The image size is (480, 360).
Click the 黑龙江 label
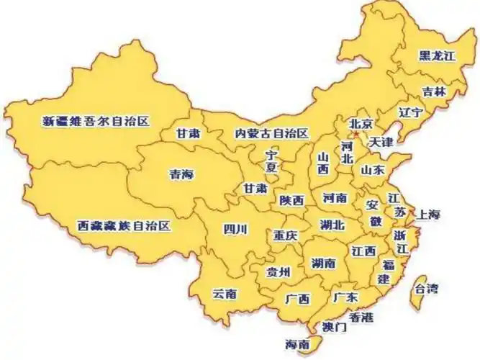click(438, 55)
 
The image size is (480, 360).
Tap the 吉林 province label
click(434, 91)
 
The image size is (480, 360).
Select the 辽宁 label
click(410, 113)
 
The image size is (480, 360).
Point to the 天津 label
click(381, 142)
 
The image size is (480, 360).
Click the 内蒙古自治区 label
click(271, 134)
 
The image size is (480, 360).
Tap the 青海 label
click(181, 174)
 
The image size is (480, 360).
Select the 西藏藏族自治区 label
click(124, 226)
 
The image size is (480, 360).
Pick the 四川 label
click(235, 230)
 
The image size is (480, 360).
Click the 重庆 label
click(286, 235)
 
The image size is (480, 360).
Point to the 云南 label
click(224, 294)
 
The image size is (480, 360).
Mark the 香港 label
click(361, 317)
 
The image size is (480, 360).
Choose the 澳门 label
click(335, 327)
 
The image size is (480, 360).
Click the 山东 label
click(373, 171)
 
